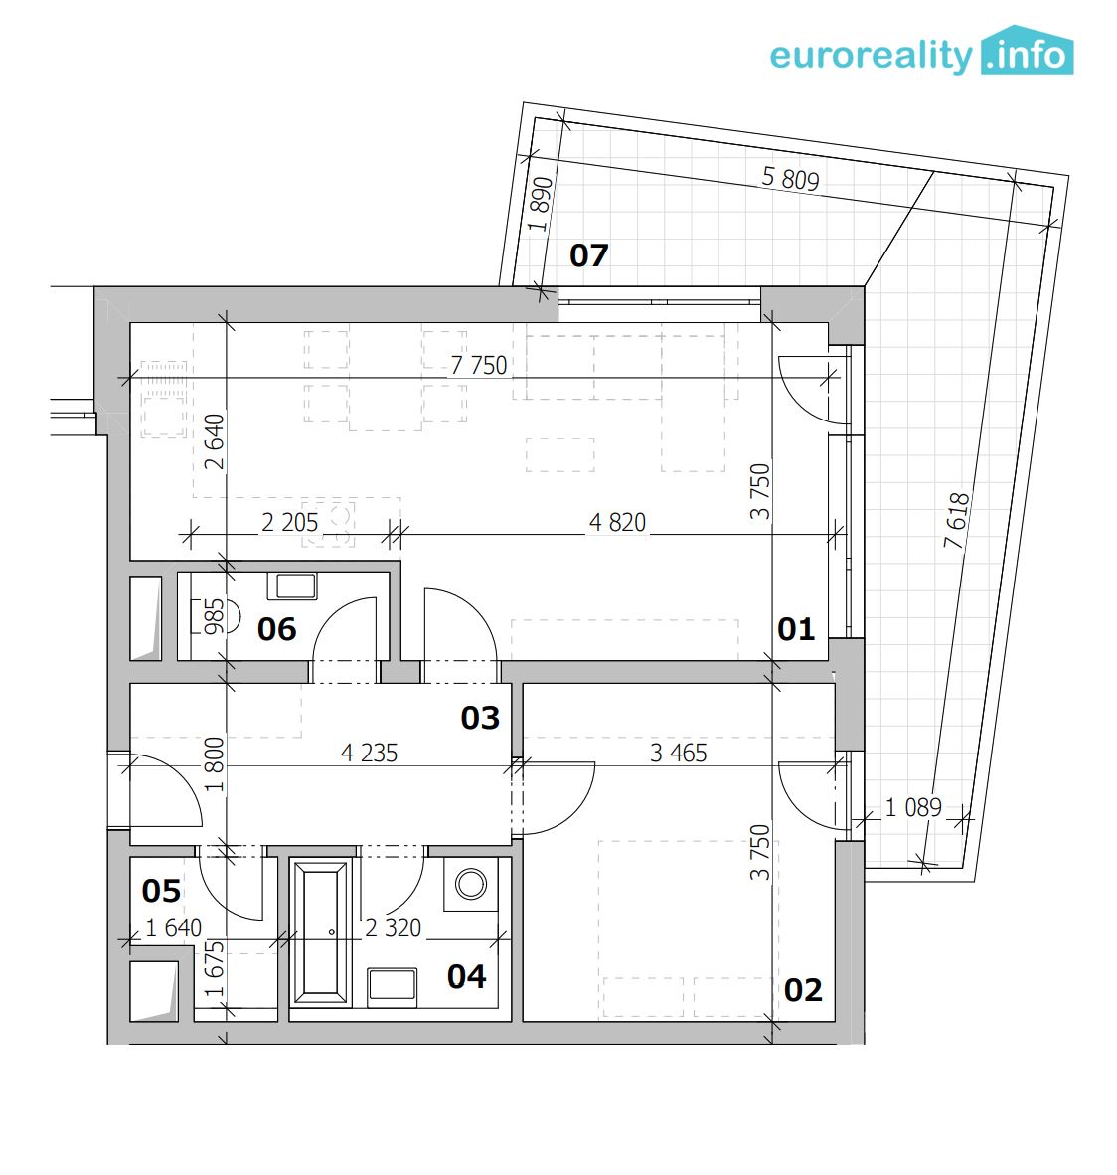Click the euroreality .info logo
pyautogui.click(x=921, y=51)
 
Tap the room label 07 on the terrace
pyautogui.click(x=589, y=255)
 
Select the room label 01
pyautogui.click(x=796, y=629)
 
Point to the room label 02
pyautogui.click(x=803, y=991)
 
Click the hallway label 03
pyautogui.click(x=480, y=718)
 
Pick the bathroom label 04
pyautogui.click(x=467, y=976)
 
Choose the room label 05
pyautogui.click(x=161, y=891)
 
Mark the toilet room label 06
pyautogui.click(x=276, y=629)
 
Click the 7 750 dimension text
pyautogui.click(x=479, y=365)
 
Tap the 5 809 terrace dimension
pyautogui.click(x=790, y=178)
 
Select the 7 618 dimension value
pyautogui.click(x=956, y=520)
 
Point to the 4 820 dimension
pyautogui.click(x=617, y=522)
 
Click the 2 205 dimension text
pyautogui.click(x=290, y=522)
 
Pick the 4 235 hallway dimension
pyautogui.click(x=370, y=753)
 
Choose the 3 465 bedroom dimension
pyautogui.click(x=679, y=753)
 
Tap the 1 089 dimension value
pyautogui.click(x=913, y=807)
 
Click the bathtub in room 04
pyautogui.click(x=321, y=932)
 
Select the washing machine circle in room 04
pyautogui.click(x=471, y=884)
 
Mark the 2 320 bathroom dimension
pyautogui.click(x=394, y=927)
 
